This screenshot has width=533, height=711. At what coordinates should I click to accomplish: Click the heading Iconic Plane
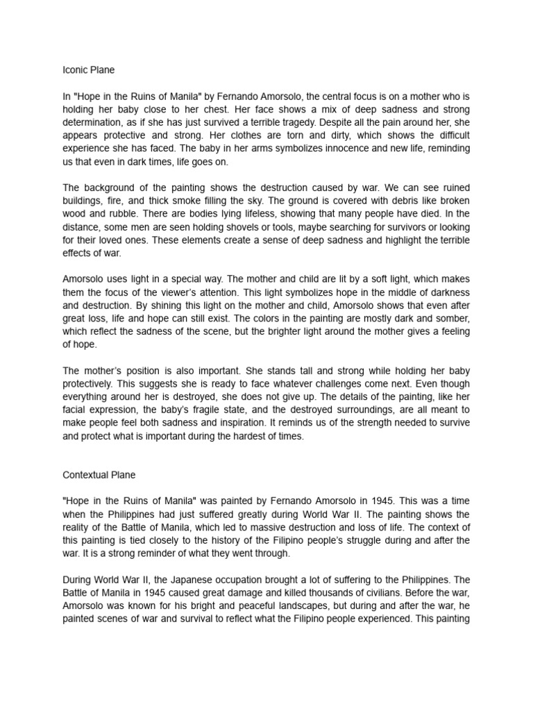tap(89, 69)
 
